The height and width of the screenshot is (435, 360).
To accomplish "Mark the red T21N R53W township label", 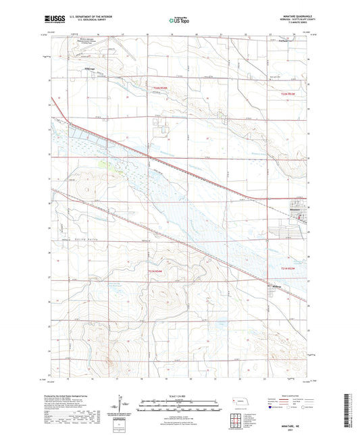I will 288,268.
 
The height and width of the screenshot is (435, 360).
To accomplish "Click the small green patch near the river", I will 101,163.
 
